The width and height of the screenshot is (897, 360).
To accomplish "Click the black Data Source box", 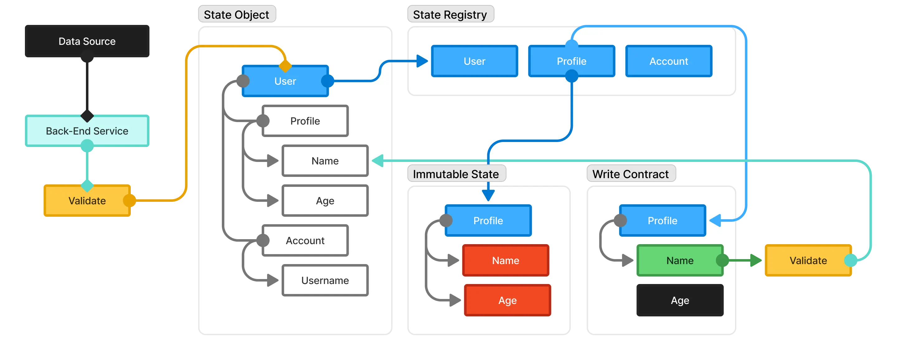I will pyautogui.click(x=87, y=41).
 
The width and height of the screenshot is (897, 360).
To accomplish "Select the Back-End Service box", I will pyautogui.click(x=87, y=131).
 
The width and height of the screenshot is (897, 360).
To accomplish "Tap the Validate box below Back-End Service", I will pyautogui.click(x=87, y=201).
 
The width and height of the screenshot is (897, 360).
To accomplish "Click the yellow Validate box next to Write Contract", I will pyautogui.click(x=808, y=260).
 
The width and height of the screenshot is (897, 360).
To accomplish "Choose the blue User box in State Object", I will pyautogui.click(x=285, y=81).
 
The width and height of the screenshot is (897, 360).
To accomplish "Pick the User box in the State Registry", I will pyautogui.click(x=474, y=61).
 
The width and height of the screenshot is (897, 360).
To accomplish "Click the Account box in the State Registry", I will pyautogui.click(x=668, y=61).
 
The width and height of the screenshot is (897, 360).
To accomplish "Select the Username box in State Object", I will pyautogui.click(x=325, y=280).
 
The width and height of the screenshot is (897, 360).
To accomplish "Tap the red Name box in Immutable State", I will pyautogui.click(x=506, y=260).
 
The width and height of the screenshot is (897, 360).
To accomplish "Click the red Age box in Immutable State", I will pyautogui.click(x=508, y=300).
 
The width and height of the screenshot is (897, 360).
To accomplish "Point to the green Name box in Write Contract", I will pyautogui.click(x=680, y=260).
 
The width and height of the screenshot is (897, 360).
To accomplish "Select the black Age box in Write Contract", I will pyautogui.click(x=680, y=300).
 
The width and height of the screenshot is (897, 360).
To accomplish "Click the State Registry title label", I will pyautogui.click(x=450, y=15).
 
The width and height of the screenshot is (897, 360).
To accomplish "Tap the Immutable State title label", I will pyautogui.click(x=456, y=174).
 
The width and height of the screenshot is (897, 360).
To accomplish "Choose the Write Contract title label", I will pyautogui.click(x=630, y=174).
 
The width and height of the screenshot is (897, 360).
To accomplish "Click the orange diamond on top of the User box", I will pyautogui.click(x=285, y=66).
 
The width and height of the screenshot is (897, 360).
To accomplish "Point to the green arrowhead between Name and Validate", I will pyautogui.click(x=756, y=260).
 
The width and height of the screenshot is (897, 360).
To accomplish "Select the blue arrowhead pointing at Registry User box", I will pyautogui.click(x=422, y=61).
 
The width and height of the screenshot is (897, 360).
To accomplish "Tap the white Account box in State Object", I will pyautogui.click(x=305, y=241).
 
